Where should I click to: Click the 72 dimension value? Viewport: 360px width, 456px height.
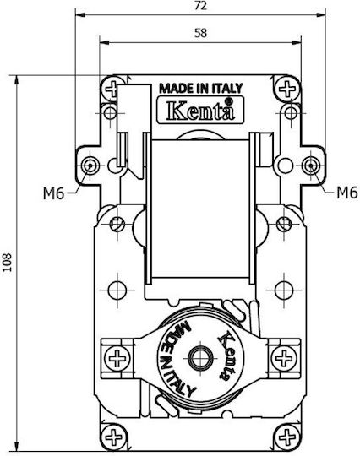[x=201, y=6]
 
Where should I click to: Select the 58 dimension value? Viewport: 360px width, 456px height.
[x=201, y=33]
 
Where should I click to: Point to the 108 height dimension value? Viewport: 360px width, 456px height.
[x=7, y=263]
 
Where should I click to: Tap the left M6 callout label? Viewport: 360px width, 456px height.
[x=53, y=193]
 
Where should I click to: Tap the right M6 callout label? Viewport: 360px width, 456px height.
[x=347, y=193]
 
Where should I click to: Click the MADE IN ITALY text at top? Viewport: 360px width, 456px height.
[x=201, y=88]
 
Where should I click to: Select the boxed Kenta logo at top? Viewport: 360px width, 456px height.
[x=200, y=110]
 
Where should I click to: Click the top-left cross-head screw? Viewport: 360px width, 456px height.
[x=112, y=89]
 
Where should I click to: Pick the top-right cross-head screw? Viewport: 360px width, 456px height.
[x=287, y=89]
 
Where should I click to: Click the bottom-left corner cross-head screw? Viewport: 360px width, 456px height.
[x=113, y=437]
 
